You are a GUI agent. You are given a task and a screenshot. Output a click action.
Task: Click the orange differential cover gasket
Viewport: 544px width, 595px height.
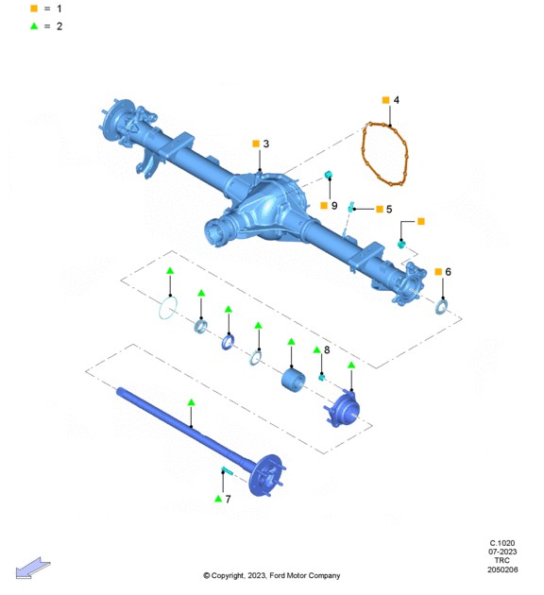(363, 152)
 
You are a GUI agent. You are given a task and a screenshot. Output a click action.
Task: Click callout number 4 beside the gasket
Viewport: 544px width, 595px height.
(397, 100)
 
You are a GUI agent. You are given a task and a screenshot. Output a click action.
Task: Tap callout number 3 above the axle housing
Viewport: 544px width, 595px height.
(266, 144)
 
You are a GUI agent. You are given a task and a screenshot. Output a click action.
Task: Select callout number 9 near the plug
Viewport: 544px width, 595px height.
(334, 206)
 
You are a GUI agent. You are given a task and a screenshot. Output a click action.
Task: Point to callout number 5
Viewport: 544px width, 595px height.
(389, 210)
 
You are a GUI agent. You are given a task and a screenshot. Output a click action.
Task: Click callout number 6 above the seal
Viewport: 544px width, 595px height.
(448, 272)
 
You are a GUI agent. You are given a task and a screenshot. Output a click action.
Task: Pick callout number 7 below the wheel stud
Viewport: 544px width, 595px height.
(228, 499)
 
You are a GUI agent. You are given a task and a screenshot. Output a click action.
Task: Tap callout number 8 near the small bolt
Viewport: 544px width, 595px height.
(327, 349)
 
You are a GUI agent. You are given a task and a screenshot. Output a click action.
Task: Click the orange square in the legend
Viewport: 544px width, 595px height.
(34, 8)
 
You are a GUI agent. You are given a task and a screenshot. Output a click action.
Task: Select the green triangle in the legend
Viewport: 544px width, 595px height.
(34, 26)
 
